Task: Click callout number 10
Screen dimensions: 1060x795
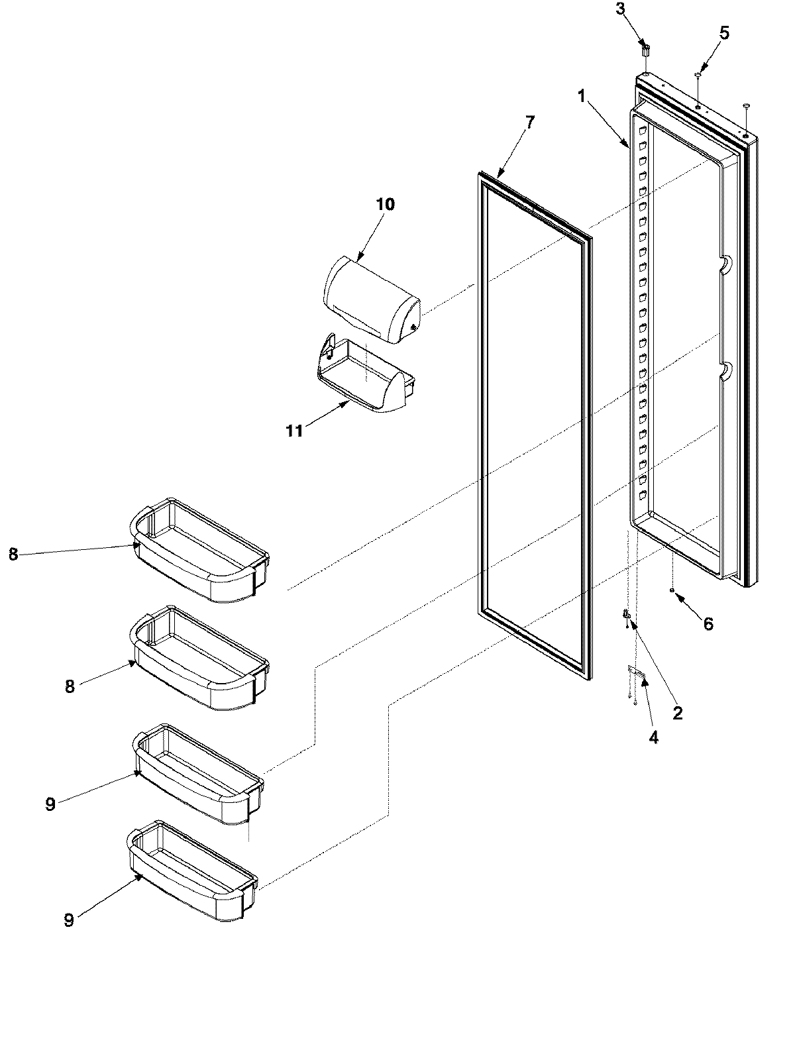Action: pos(385,204)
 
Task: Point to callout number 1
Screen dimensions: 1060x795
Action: pos(581,97)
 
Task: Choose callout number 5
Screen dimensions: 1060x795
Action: pos(724,33)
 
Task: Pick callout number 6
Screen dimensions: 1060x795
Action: pos(708,623)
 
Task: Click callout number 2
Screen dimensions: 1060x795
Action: pos(676,714)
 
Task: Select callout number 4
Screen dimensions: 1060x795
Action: pos(653,737)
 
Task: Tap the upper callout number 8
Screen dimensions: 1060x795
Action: pos(13,555)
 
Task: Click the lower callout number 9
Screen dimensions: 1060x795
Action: pos(69,920)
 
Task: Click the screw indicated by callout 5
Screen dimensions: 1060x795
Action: pos(698,78)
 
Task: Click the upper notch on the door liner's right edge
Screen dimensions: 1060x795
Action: pos(723,264)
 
